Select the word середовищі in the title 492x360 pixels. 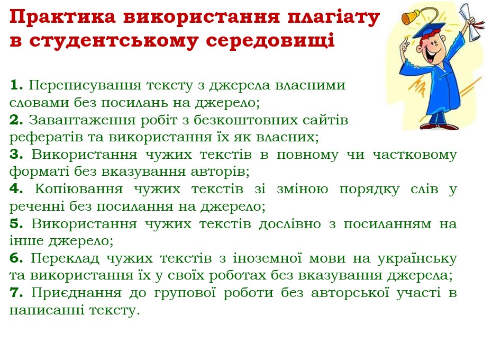270,41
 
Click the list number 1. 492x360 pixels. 16,85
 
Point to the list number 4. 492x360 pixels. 16,189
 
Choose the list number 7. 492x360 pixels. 16,292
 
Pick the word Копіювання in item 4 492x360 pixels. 78,190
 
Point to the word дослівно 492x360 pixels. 289,224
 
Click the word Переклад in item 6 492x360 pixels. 65,258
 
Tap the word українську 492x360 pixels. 417,258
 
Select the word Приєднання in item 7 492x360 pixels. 76,293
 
